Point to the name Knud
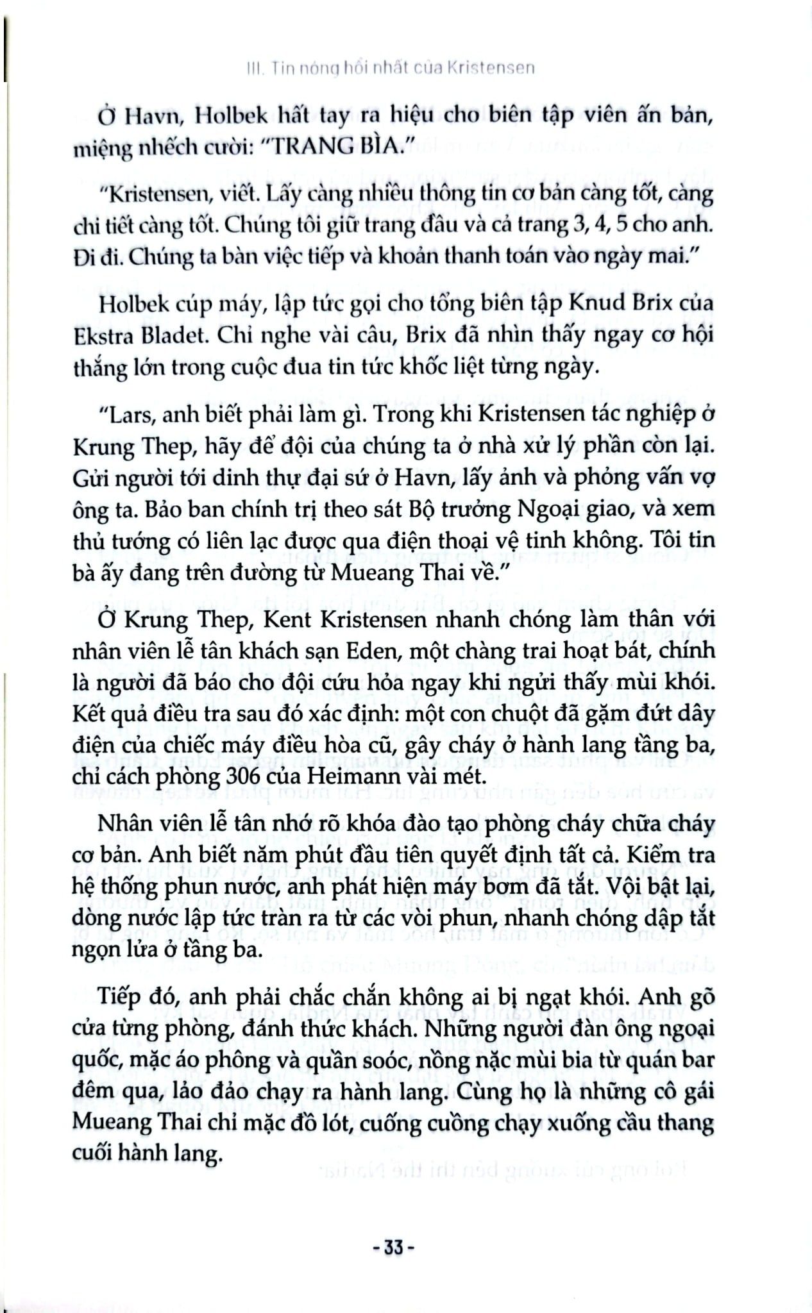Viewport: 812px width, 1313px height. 595,301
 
